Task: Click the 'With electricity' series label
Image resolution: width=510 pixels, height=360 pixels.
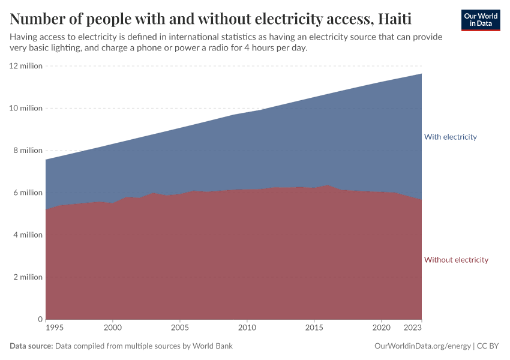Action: pos(450,137)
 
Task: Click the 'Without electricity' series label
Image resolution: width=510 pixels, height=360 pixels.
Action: pos(456,260)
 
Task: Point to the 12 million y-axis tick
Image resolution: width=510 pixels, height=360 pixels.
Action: pos(26,66)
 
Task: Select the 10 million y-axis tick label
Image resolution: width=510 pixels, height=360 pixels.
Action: pos(26,108)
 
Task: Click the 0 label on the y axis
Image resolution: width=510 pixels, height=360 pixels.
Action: pos(40,319)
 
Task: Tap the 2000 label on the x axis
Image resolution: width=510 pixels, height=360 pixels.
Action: pos(113,328)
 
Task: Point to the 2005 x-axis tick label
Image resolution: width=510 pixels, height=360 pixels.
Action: pos(179,328)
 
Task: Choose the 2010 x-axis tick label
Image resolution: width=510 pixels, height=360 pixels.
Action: pos(247,328)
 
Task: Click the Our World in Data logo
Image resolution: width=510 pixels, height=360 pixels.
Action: pos(480,20)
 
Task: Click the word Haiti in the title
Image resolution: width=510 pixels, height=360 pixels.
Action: pos(395,19)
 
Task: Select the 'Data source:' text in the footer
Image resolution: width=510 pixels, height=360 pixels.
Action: pos(31,346)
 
